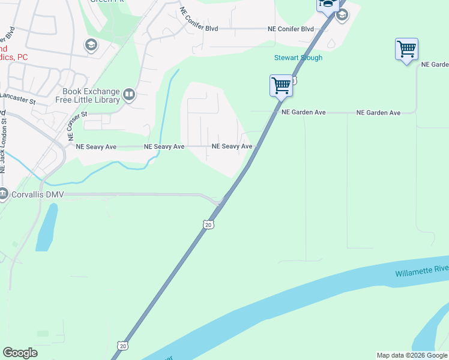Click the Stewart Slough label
(x=298, y=58)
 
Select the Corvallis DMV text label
(x=37, y=194)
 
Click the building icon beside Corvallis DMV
(x=4, y=194)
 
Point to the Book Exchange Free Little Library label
(x=91, y=96)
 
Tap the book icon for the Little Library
(x=128, y=94)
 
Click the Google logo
(x=20, y=353)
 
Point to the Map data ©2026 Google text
(x=412, y=355)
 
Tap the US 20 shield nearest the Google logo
(x=122, y=346)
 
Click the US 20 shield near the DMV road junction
(x=208, y=224)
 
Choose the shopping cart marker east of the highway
(x=406, y=49)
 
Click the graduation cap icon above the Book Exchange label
(x=91, y=46)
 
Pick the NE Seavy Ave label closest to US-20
(x=232, y=146)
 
